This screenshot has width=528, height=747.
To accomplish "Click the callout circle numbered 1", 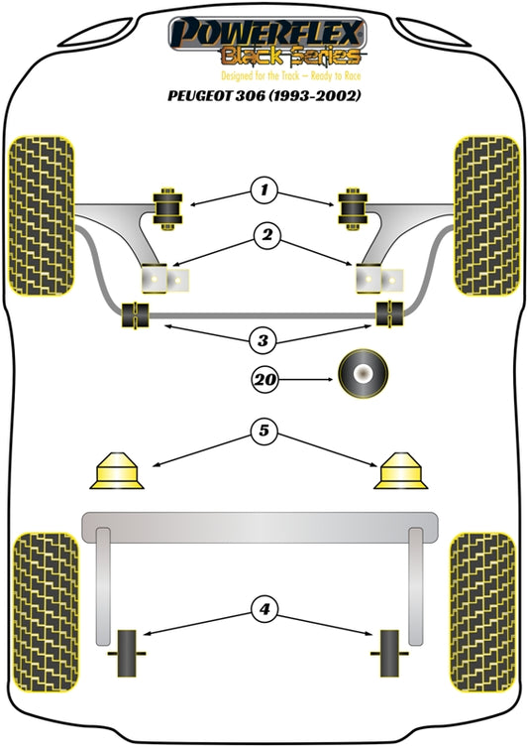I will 264,189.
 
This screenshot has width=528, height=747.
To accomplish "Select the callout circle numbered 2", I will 264,236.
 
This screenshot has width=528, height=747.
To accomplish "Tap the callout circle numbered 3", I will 264,341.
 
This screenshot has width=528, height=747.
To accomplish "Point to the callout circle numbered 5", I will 264,432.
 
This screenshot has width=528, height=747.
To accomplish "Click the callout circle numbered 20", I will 264,378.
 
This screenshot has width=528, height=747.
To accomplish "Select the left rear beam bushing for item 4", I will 131,655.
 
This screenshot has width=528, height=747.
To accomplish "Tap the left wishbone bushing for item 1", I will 168,205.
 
